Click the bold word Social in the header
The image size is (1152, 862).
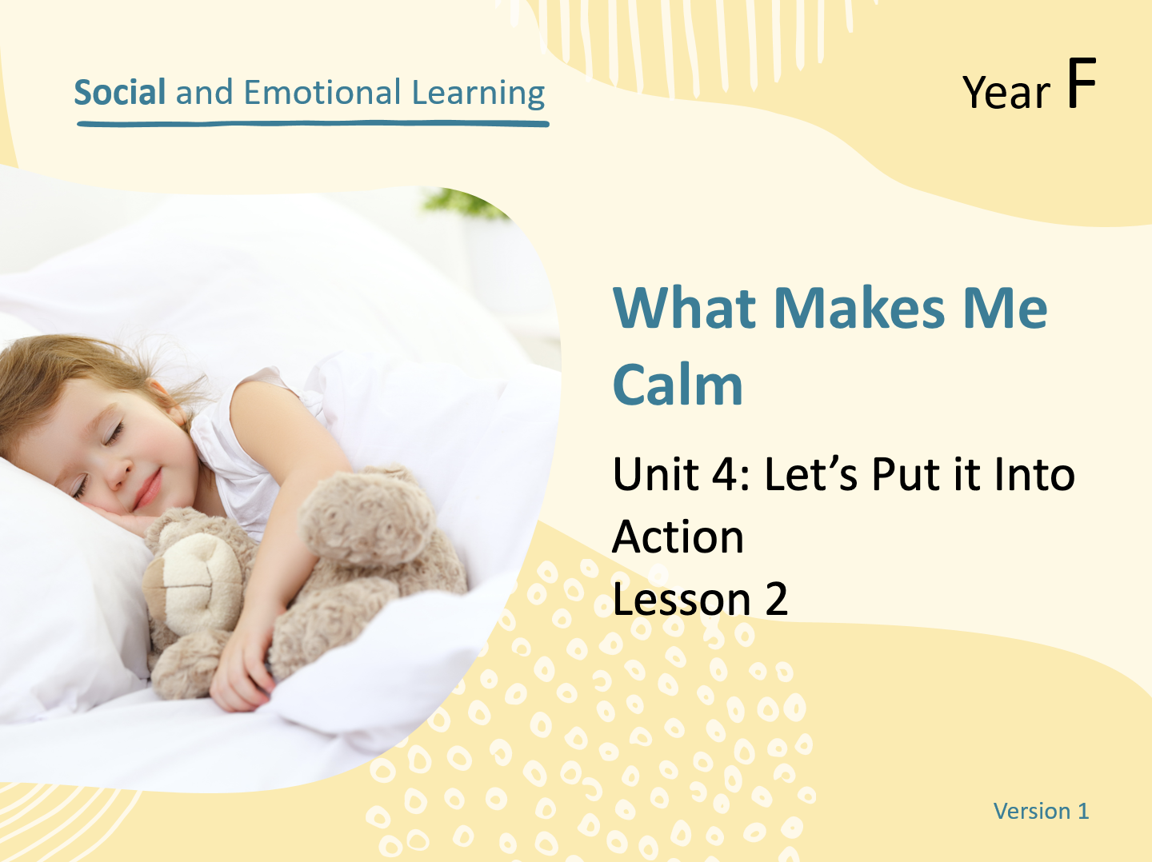click(120, 92)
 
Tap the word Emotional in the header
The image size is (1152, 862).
click(322, 92)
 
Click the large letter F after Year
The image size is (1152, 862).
click(1082, 83)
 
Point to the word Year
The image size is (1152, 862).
click(1006, 94)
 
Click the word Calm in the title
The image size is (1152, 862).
click(678, 385)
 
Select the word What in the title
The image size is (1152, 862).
click(684, 309)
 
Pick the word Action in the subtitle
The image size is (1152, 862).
click(678, 537)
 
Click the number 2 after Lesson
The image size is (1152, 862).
click(776, 599)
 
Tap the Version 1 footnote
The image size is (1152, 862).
click(1042, 811)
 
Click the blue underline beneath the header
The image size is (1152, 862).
click(313, 124)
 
